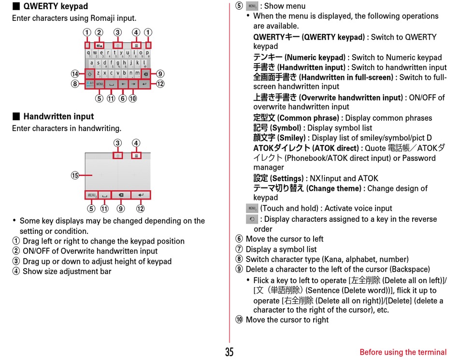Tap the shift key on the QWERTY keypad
pos(90,74)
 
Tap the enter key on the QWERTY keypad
pos(144,84)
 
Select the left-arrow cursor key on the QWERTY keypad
pos(123,84)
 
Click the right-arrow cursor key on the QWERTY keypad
pos(133,84)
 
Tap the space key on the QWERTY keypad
pos(112,84)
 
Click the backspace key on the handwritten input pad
pos(121,195)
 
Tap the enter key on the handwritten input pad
pos(141,195)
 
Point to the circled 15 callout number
pos(75,175)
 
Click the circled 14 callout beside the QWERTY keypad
pos(75,74)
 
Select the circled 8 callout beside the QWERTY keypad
pos(75,84)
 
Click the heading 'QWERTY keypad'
pos(56,6)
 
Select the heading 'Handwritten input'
pos(58,116)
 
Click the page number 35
pos(229,352)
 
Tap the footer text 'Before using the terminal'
pos(403,352)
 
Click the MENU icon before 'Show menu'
pos(251,6)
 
